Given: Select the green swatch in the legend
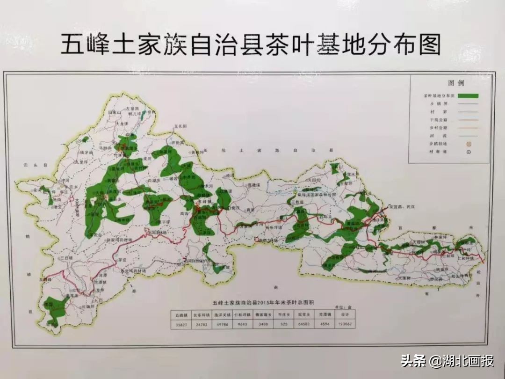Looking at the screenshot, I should (465, 96).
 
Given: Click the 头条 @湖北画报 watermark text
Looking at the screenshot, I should (447, 361).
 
